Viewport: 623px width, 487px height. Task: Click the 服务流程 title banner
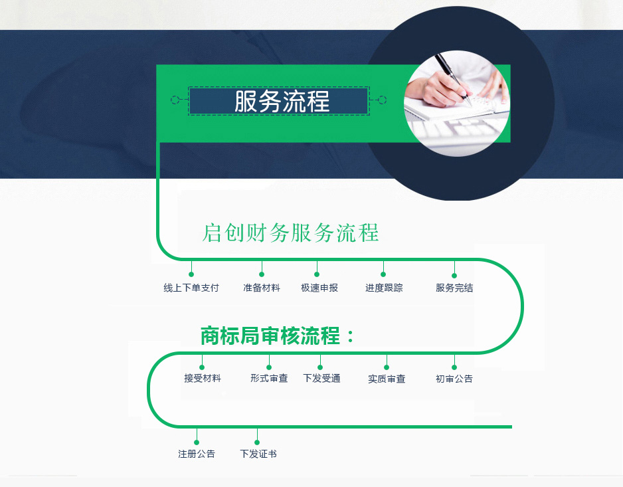pos(279,101)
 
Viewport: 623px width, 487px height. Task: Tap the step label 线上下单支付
pos(191,288)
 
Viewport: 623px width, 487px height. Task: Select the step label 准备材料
pos(262,288)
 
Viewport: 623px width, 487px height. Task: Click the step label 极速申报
pos(319,288)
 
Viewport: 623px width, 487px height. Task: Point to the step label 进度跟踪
pos(384,288)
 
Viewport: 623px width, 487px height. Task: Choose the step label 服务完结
pos(454,288)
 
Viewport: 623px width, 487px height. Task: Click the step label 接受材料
pos(202,378)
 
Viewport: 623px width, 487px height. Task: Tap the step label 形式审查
pos(269,378)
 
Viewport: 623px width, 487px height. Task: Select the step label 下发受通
pos(322,378)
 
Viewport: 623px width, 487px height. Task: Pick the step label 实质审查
pos(387,379)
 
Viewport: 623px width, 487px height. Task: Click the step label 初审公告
pos(454,379)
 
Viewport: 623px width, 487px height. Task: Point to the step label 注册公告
pos(197,454)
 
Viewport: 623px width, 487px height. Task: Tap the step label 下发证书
pos(258,454)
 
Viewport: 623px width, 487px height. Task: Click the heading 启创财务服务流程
pos(290,233)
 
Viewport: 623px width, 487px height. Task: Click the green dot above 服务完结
pos(454,276)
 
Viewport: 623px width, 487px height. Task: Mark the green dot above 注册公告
pos(197,442)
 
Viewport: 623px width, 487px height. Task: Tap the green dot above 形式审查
pos(269,367)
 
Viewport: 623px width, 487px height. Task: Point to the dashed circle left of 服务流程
pos(175,100)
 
